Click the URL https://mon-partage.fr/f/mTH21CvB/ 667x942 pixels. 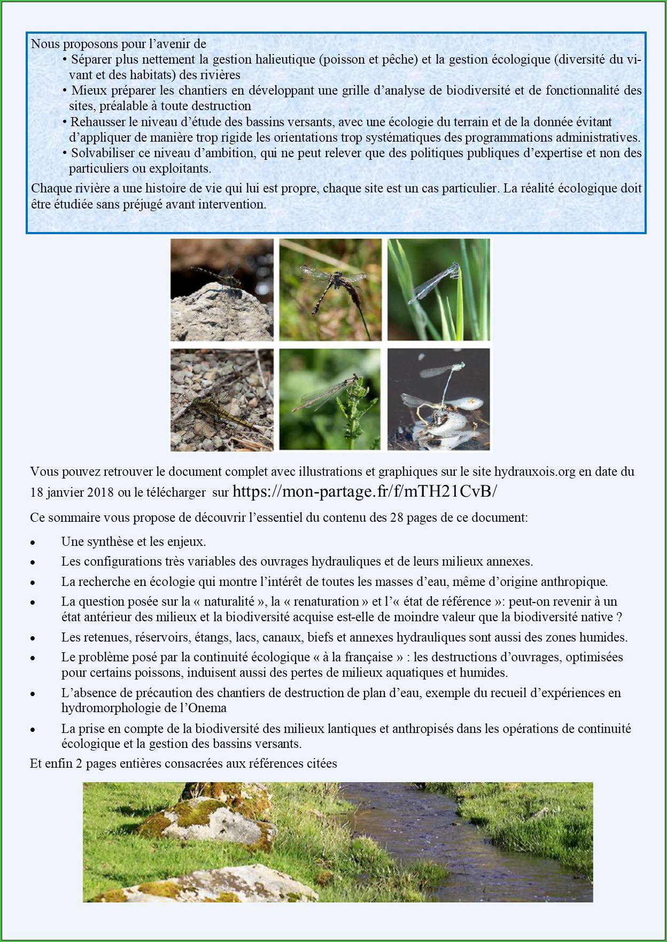coord(365,491)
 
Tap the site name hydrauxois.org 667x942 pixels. coord(534,472)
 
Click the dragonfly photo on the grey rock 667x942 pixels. coord(222,290)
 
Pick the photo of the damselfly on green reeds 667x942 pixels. coord(438,290)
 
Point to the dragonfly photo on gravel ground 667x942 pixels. coord(222,399)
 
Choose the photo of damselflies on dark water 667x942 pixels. coord(438,399)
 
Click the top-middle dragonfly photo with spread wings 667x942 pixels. coord(330,290)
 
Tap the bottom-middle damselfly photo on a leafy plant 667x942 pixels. coord(330,399)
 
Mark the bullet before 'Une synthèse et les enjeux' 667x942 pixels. coord(33,543)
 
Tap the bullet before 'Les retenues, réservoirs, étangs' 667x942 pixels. coord(33,638)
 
